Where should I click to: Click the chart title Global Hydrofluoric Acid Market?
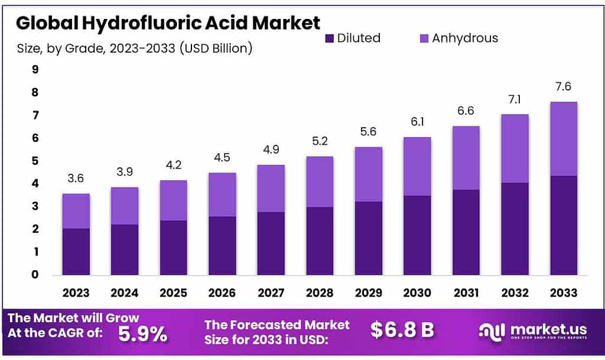click(x=168, y=24)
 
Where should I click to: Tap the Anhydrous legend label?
click(x=464, y=38)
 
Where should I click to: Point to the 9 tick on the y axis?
click(x=35, y=70)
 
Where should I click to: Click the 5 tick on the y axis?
click(x=35, y=161)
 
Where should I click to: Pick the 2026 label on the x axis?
click(x=222, y=293)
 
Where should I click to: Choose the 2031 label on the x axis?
click(x=466, y=293)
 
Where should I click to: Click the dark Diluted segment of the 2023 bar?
click(x=76, y=251)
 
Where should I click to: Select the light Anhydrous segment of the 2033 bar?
click(x=563, y=139)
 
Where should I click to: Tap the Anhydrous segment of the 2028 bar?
click(x=320, y=182)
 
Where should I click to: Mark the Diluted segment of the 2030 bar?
click(x=417, y=235)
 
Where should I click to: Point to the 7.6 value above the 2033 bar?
click(x=563, y=87)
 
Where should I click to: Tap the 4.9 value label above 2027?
click(x=271, y=150)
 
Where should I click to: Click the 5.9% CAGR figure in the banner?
click(x=142, y=334)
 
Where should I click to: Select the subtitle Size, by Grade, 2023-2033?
click(x=135, y=48)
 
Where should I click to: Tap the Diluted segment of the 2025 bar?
click(x=174, y=247)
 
